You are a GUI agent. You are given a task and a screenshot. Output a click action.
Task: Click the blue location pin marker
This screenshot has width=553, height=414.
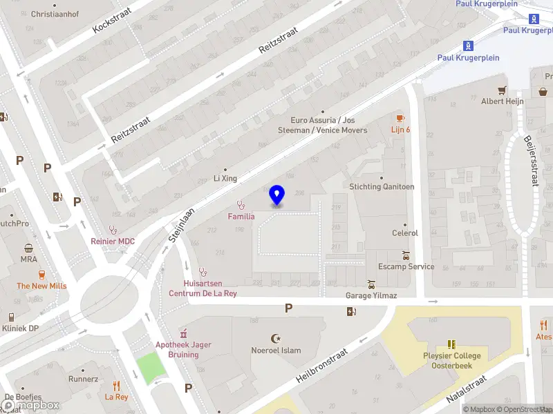point(276,195)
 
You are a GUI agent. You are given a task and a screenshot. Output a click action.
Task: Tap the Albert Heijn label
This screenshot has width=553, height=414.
point(503,101)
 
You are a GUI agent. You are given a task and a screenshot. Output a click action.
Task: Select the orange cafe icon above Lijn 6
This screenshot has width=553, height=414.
point(400,119)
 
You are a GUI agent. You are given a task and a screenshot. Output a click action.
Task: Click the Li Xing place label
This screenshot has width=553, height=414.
point(225,178)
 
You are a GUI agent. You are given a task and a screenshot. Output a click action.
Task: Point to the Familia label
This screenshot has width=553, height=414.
point(241,217)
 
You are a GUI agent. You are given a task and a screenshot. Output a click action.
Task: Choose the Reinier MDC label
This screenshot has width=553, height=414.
point(113,241)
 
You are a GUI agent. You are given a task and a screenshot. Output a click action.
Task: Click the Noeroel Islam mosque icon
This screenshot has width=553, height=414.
point(276,338)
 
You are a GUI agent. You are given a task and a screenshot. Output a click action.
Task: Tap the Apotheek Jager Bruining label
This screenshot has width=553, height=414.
point(183,350)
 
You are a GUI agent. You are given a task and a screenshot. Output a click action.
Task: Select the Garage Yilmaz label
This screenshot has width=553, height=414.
point(371,295)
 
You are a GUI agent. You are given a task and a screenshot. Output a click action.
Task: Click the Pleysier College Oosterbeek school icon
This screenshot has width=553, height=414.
point(451,344)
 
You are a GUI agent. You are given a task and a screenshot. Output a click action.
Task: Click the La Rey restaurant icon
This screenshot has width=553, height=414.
point(116,386)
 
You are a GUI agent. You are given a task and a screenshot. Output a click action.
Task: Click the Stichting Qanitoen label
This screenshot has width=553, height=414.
point(382,186)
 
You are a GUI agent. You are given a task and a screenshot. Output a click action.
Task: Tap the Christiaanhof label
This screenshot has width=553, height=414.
point(55,14)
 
